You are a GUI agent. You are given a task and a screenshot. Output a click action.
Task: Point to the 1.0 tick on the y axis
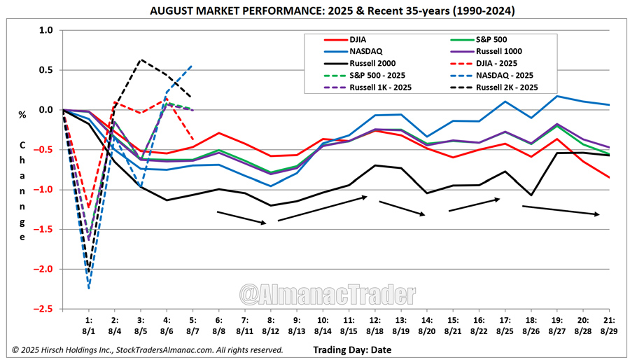(x=46, y=31)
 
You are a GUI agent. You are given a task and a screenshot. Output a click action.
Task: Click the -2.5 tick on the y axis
(x=44, y=308)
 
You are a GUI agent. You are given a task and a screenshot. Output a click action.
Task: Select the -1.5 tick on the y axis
(x=44, y=229)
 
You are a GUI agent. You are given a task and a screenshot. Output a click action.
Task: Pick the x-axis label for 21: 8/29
(x=608, y=324)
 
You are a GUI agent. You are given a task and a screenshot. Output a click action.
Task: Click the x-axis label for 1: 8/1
(x=89, y=324)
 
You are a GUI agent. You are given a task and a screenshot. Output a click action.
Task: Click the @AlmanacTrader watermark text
(x=327, y=292)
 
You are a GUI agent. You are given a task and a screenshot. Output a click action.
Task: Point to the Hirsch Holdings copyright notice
(x=147, y=349)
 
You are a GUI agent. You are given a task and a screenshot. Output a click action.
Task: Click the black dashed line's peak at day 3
(x=141, y=60)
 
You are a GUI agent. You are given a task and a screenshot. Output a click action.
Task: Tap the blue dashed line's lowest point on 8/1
(x=89, y=288)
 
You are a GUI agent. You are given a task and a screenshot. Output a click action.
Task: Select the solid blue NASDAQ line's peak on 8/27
(x=557, y=96)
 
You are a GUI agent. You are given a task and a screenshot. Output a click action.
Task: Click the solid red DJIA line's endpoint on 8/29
(x=609, y=178)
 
